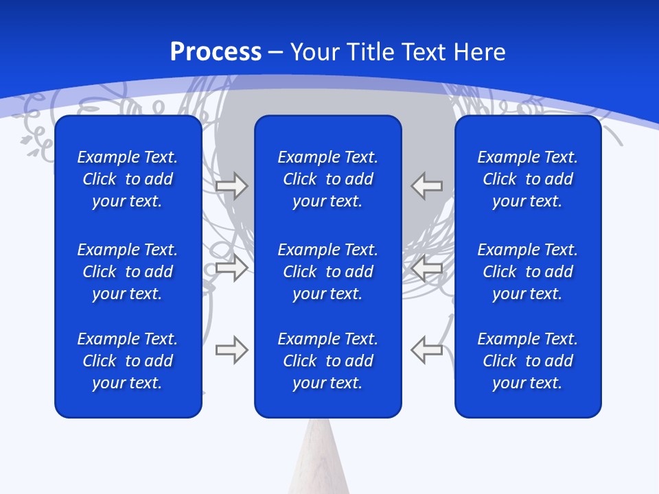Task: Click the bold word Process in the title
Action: click(216, 52)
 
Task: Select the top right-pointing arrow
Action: click(231, 186)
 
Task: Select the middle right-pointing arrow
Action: click(231, 268)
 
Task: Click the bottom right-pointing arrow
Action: click(231, 350)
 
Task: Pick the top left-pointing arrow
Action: click(426, 186)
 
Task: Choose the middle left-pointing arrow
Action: click(426, 268)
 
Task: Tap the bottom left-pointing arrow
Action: click(426, 350)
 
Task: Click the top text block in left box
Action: click(128, 179)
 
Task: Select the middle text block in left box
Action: click(128, 272)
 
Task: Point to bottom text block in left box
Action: click(128, 361)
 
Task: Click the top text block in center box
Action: click(327, 179)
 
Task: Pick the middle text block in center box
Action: click(327, 272)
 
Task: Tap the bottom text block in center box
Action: click(327, 361)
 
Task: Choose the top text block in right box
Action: click(527, 179)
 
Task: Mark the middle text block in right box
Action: click(527, 272)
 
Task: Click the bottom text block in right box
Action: click(527, 361)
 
